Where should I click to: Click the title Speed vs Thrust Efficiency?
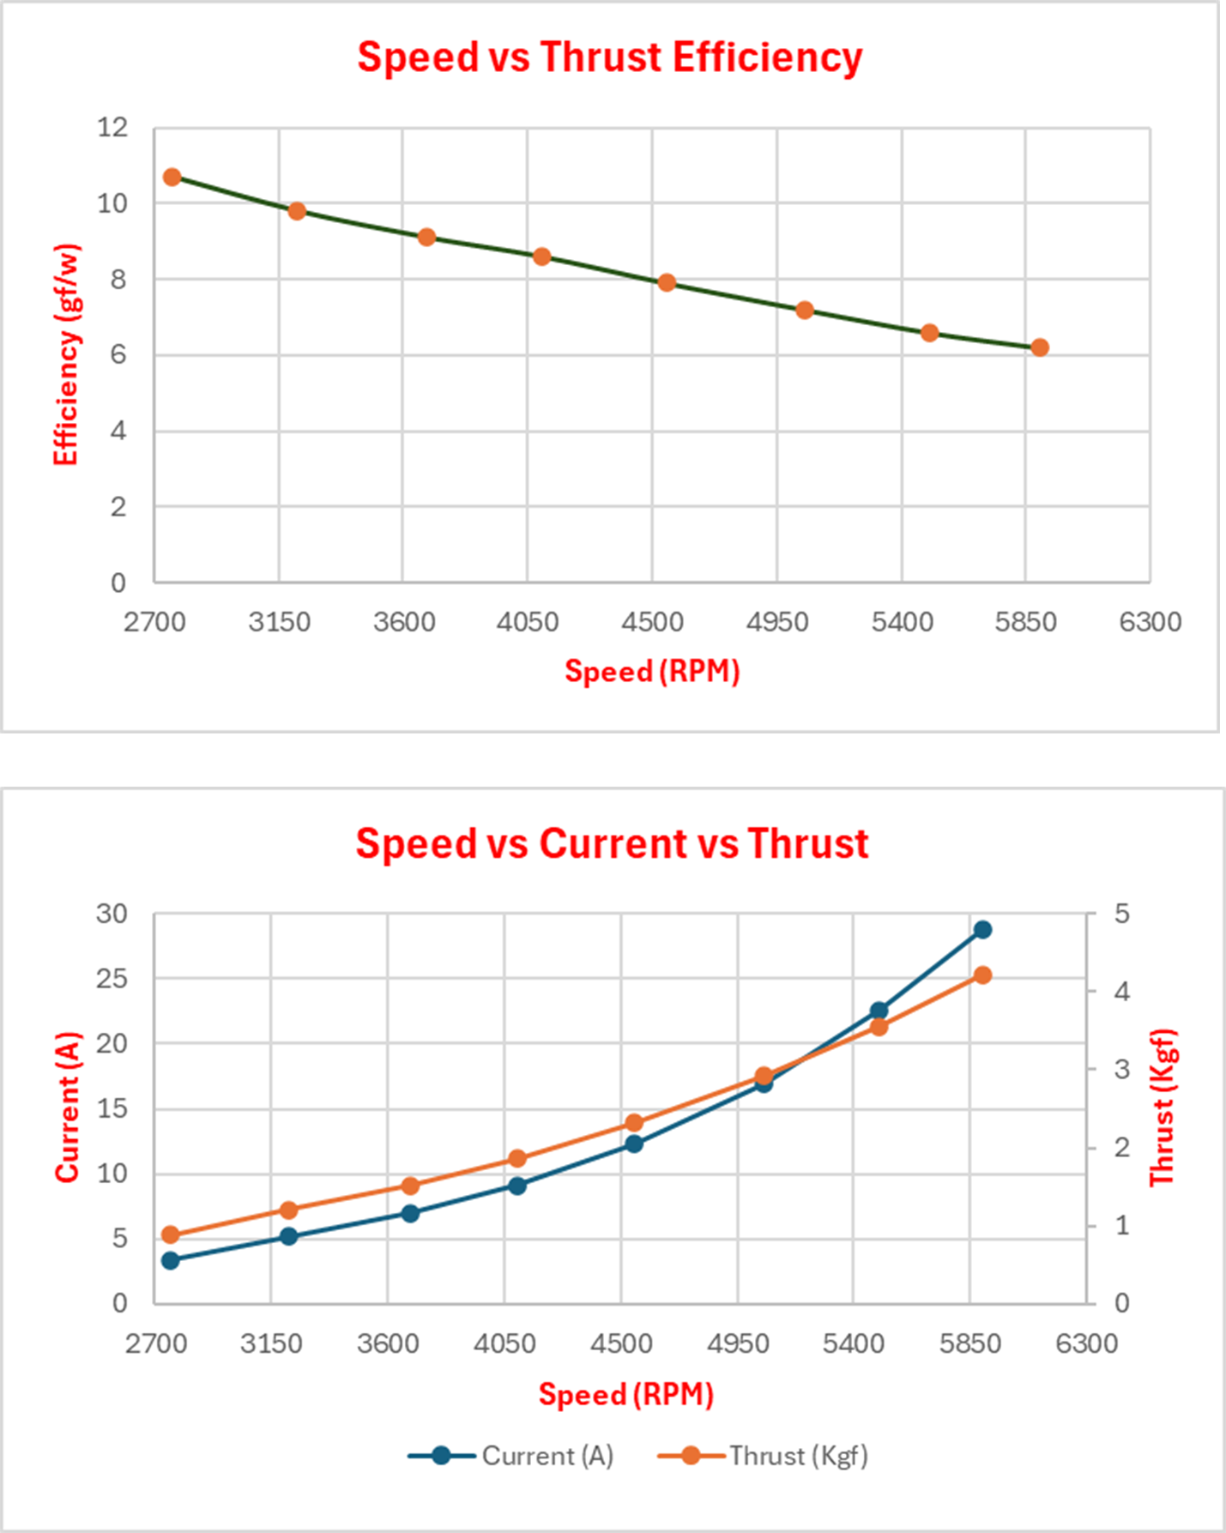click(609, 58)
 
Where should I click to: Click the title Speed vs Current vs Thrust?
click(612, 844)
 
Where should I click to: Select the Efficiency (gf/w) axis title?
click(66, 355)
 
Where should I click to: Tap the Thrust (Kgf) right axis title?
click(1162, 1107)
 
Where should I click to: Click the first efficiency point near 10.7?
click(172, 178)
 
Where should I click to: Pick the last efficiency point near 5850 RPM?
click(1040, 347)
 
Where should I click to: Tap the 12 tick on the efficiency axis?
click(112, 128)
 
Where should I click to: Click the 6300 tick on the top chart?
click(1150, 622)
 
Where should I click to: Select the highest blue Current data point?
click(983, 930)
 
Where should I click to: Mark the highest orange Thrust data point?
click(983, 975)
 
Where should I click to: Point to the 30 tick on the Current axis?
click(112, 914)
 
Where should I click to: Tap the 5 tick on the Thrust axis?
click(1121, 914)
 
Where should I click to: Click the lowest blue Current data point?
click(170, 1260)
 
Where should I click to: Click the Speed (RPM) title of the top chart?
click(652, 671)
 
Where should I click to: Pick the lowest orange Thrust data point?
click(170, 1235)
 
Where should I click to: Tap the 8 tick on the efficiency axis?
click(117, 280)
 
